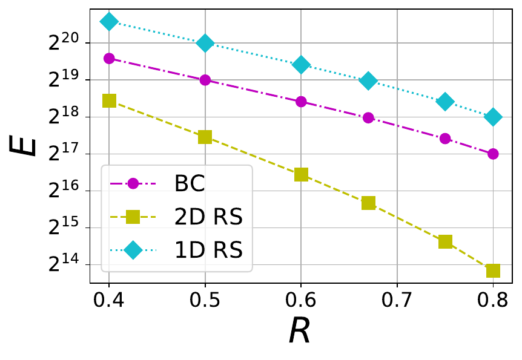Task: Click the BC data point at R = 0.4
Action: click(x=109, y=59)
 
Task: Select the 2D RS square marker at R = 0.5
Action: click(x=205, y=137)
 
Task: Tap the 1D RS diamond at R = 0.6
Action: click(x=301, y=65)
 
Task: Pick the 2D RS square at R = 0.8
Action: click(x=493, y=270)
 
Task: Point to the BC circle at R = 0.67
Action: click(x=368, y=118)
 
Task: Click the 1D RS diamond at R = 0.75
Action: click(x=445, y=102)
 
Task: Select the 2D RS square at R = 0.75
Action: click(x=445, y=241)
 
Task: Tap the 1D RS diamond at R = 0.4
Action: click(x=109, y=22)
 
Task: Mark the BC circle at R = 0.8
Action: click(x=493, y=154)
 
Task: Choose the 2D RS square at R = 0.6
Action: click(x=301, y=174)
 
